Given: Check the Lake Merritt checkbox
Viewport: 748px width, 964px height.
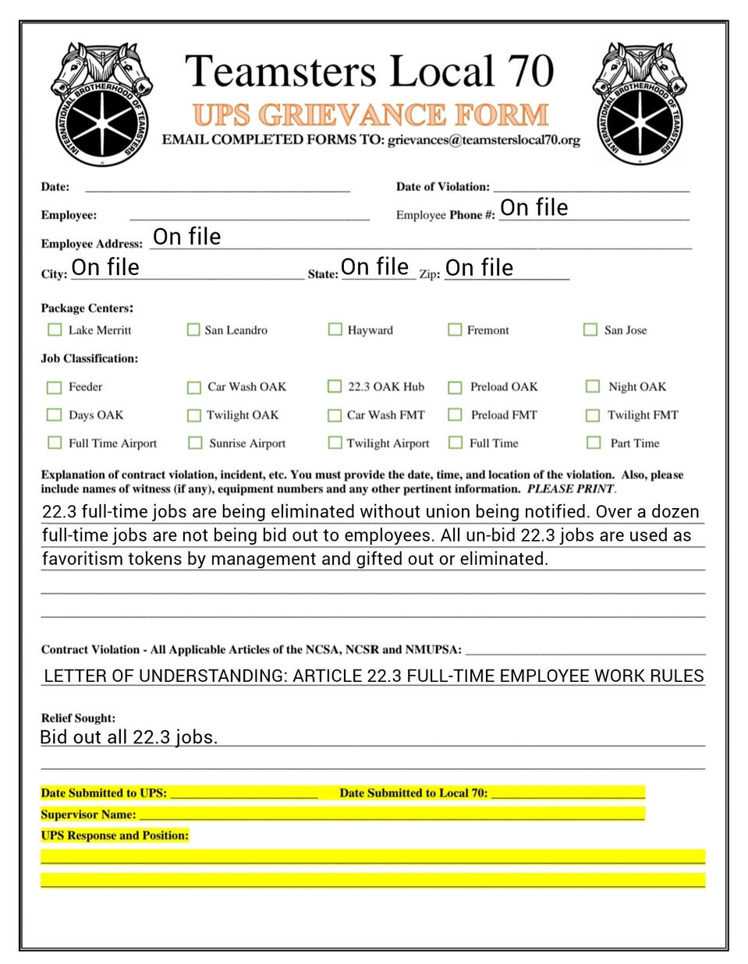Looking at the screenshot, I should [x=55, y=330].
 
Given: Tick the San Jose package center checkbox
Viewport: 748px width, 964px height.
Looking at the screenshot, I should [x=590, y=330].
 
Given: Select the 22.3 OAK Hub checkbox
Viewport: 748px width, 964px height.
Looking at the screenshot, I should [x=335, y=387].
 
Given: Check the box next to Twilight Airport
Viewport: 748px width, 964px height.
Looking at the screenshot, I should [x=335, y=443].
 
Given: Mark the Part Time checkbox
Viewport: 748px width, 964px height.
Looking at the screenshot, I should [x=594, y=443].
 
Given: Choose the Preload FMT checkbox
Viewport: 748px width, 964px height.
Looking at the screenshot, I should [x=455, y=415].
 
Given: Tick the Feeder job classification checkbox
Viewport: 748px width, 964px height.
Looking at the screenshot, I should [x=55, y=387].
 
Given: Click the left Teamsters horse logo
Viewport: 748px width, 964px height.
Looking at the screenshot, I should [x=101, y=103].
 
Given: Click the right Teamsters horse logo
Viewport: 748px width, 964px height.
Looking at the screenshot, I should [x=640, y=103].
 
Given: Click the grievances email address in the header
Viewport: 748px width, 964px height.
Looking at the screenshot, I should [x=484, y=140].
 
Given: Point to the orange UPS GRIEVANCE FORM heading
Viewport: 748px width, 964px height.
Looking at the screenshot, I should [x=370, y=115].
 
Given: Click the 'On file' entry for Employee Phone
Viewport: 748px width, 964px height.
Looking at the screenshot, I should [x=534, y=207].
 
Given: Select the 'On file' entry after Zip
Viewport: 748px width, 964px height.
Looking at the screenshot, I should [x=479, y=268].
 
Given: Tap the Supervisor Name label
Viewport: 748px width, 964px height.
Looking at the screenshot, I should [x=88, y=814].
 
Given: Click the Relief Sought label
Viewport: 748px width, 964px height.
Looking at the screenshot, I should [x=78, y=718].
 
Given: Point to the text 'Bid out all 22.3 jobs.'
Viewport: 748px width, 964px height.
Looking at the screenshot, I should [x=129, y=737].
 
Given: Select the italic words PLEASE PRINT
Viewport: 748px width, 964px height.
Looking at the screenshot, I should [x=570, y=489].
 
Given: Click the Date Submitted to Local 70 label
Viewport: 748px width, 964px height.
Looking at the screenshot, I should [x=413, y=793].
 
